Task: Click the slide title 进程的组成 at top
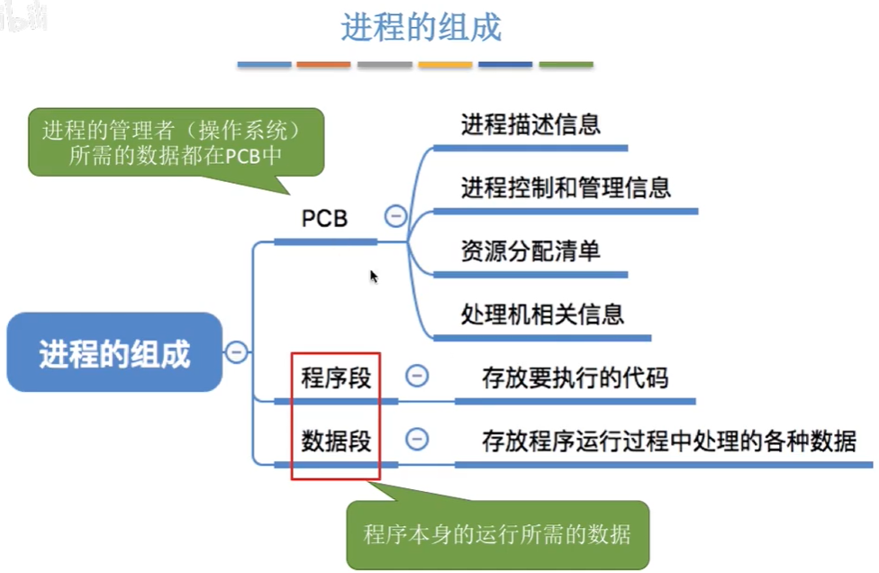421,27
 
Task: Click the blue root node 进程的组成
114,352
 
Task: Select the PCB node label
324,218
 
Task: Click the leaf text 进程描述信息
530,123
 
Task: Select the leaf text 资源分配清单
530,250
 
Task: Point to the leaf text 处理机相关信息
542,314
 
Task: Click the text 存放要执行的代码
575,377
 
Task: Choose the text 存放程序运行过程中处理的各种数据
668,441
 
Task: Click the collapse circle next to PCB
394,216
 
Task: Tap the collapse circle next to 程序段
416,376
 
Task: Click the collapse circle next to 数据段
416,440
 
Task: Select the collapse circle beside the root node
237,351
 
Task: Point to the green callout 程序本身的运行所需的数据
497,533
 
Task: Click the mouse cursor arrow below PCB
373,276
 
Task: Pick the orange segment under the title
323,65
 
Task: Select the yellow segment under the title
445,65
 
